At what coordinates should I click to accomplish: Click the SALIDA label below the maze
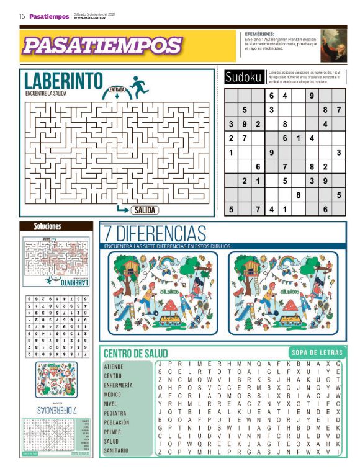[x=144, y=210]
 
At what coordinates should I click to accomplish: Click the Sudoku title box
[x=244, y=78]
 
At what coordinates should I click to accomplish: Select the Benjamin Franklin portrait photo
[x=333, y=45]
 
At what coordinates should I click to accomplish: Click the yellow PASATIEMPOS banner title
[x=102, y=45]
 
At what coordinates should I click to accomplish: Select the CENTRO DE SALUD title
[x=135, y=353]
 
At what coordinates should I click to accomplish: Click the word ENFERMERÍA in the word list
[x=118, y=385]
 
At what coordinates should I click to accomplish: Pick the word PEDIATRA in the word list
[x=115, y=413]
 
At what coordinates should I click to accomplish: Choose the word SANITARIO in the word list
[x=117, y=450]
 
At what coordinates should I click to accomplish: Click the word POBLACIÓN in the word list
[x=117, y=422]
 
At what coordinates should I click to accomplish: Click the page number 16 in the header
[x=22, y=17]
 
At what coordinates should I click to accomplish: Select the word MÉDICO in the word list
[x=112, y=394]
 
